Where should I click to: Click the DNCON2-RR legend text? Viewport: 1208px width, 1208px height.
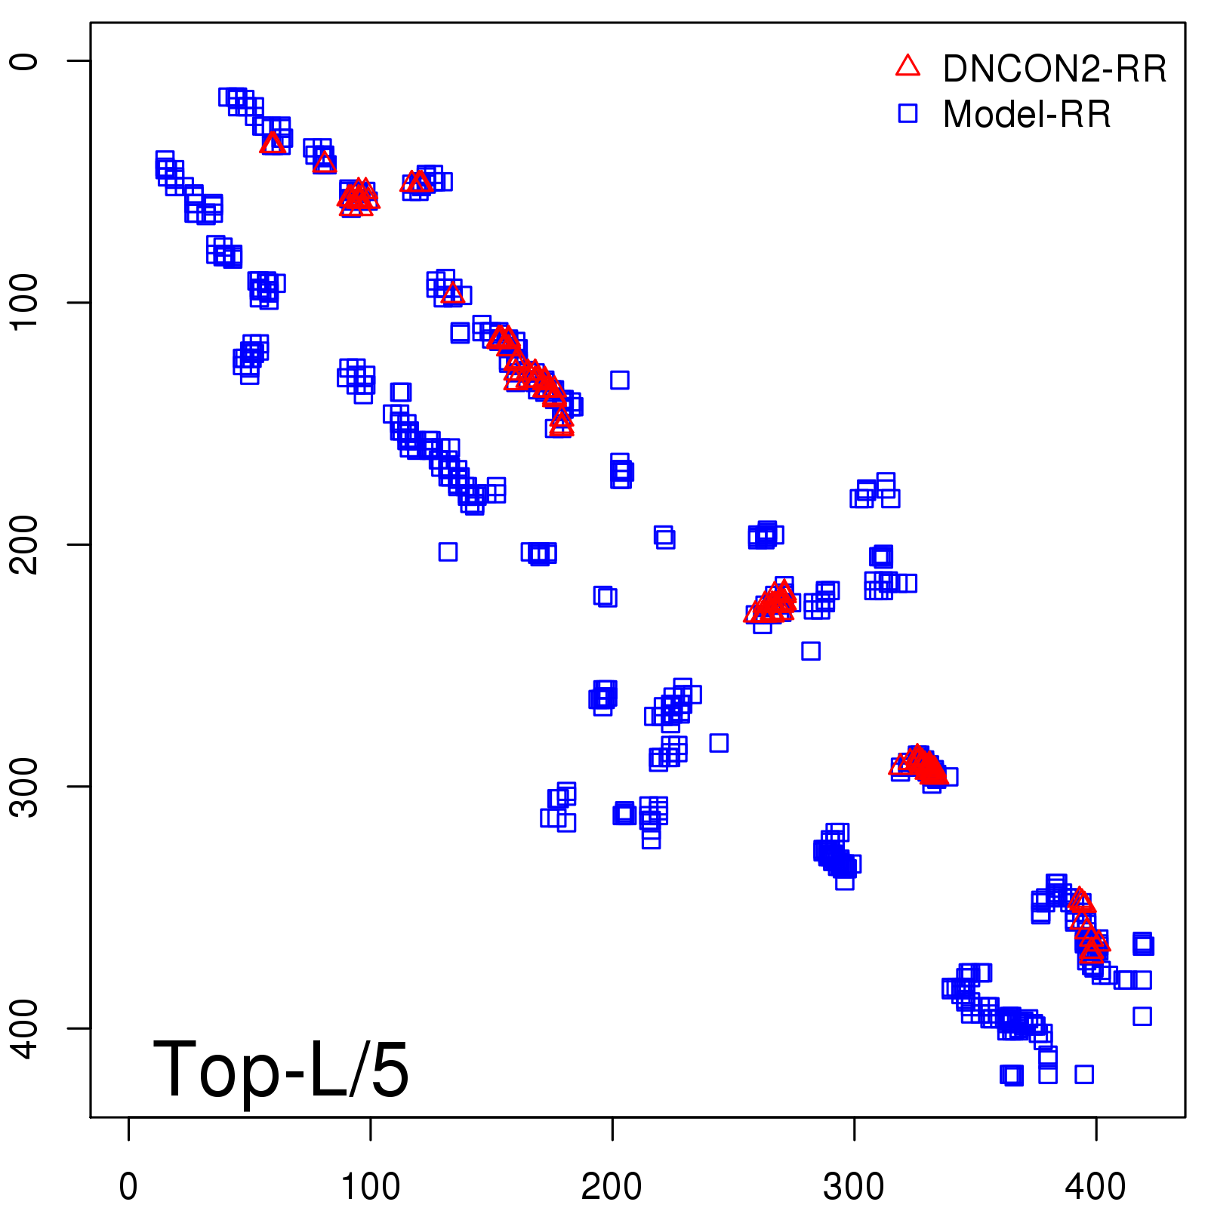1054,69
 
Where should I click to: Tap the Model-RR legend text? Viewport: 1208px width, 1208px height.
1027,115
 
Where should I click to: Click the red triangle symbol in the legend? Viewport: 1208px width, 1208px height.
908,66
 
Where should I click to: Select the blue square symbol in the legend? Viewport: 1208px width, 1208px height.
908,114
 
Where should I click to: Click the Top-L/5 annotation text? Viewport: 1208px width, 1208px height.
281,1071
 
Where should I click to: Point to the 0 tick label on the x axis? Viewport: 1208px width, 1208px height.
128,1187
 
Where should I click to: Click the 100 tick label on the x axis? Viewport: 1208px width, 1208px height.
370,1187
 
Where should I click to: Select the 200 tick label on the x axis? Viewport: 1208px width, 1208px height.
612,1187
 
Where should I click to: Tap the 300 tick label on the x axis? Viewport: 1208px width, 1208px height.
854,1187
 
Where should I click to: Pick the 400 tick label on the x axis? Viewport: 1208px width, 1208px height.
1096,1187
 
